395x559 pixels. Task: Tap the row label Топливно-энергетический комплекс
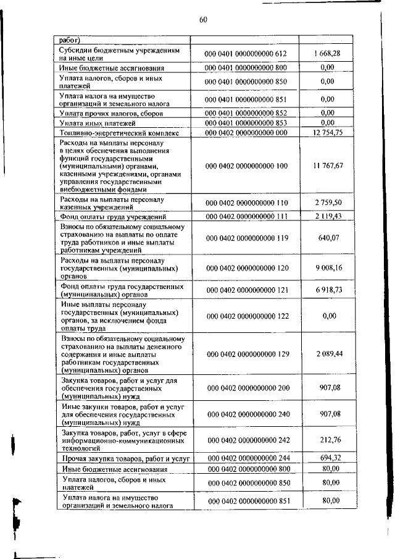119,133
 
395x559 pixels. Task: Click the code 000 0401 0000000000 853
246,123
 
